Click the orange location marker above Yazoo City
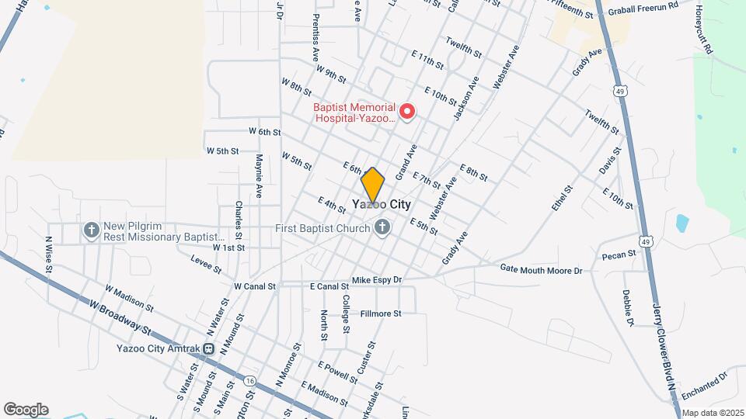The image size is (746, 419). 373,185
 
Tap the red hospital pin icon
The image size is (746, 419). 406,113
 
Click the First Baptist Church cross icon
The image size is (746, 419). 382,228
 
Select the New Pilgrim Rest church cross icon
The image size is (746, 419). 91,230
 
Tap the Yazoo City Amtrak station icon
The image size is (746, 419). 209,348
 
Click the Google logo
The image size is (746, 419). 26,409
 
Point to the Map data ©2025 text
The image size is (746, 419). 712,413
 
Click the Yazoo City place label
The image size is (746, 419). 381,205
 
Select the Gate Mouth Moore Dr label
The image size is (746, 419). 541,270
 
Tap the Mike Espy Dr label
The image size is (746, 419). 376,279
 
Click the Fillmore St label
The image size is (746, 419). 381,313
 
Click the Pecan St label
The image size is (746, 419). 619,255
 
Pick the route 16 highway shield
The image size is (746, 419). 249,381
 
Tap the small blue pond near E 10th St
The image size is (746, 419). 682,223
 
